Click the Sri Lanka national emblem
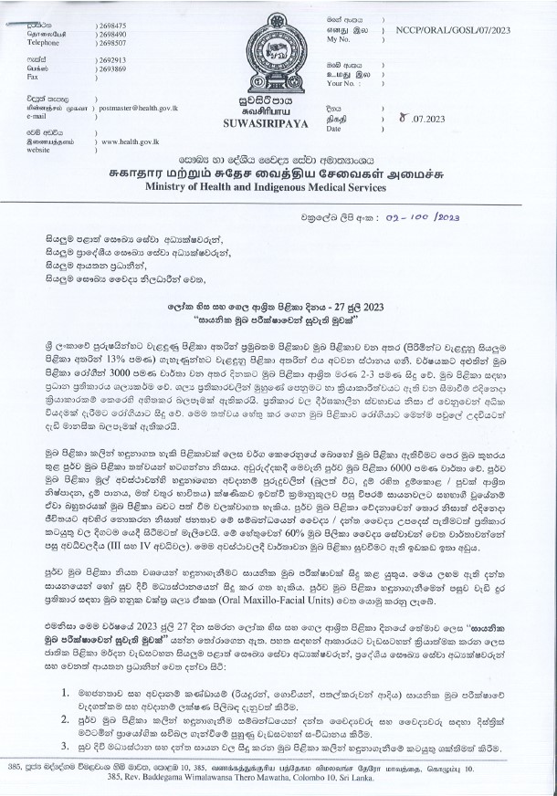point(272,47)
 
